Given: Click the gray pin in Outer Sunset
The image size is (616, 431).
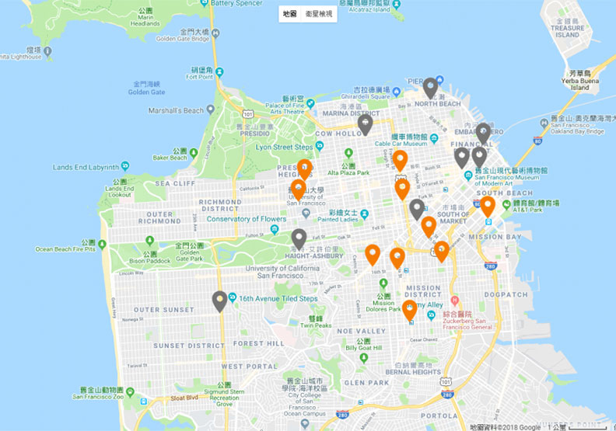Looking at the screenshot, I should click(x=220, y=300).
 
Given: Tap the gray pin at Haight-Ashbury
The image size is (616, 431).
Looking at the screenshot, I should click(x=299, y=238).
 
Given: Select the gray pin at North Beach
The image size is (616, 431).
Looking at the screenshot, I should click(x=430, y=87).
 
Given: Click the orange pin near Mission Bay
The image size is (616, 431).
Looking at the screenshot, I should click(x=488, y=206).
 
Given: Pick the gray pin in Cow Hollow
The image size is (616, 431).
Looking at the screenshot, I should click(x=365, y=123).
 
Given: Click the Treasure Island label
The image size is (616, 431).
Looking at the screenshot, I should click(x=567, y=31).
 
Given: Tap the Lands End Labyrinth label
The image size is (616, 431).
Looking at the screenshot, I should click(x=86, y=167).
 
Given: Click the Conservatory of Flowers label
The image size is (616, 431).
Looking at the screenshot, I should click(x=247, y=219).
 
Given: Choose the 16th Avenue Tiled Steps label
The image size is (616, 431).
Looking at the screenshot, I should click(x=278, y=298).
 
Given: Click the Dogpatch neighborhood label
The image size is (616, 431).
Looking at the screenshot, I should click(x=506, y=294).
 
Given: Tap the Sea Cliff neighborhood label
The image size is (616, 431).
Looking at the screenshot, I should click(x=175, y=183).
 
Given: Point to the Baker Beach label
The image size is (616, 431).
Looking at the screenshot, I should click(x=170, y=158).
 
